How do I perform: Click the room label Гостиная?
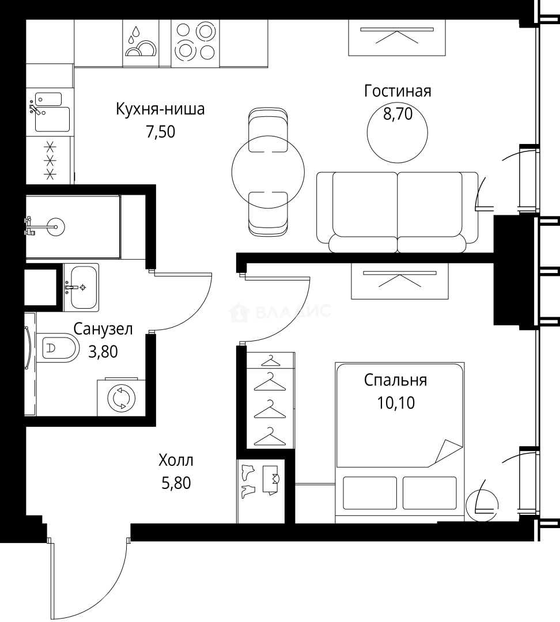(398, 91)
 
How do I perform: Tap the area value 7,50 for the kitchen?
(160, 132)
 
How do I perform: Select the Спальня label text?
(395, 380)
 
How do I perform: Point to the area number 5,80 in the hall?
(176, 482)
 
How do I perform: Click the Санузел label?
(103, 329)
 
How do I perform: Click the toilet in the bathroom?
(60, 348)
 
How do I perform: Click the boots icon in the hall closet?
(248, 481)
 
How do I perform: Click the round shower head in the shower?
(56, 227)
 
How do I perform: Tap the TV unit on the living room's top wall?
(398, 37)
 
